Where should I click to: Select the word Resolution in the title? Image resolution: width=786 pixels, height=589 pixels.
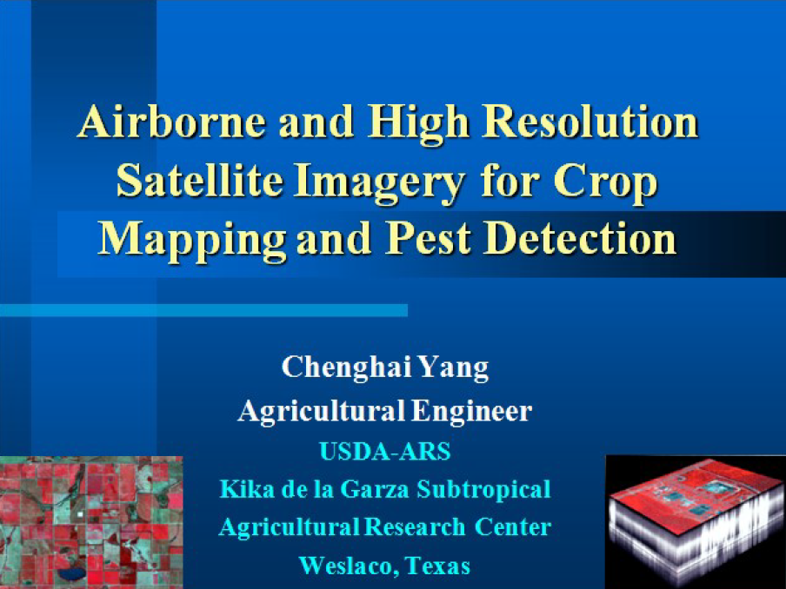pos(590,122)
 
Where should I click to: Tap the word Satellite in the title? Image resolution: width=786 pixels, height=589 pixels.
pos(199,181)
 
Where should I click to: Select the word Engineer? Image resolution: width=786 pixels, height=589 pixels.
pos(471,412)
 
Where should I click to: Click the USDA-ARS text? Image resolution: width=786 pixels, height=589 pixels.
pos(385,451)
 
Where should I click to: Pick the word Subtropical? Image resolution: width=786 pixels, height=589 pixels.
pos(483,490)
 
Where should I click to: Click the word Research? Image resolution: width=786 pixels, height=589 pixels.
pos(415,526)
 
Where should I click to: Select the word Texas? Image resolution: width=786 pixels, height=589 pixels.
pos(437,565)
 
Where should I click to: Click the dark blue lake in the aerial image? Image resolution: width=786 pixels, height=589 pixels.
pos(71,573)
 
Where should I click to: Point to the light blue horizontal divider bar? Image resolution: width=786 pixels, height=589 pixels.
pos(203,310)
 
